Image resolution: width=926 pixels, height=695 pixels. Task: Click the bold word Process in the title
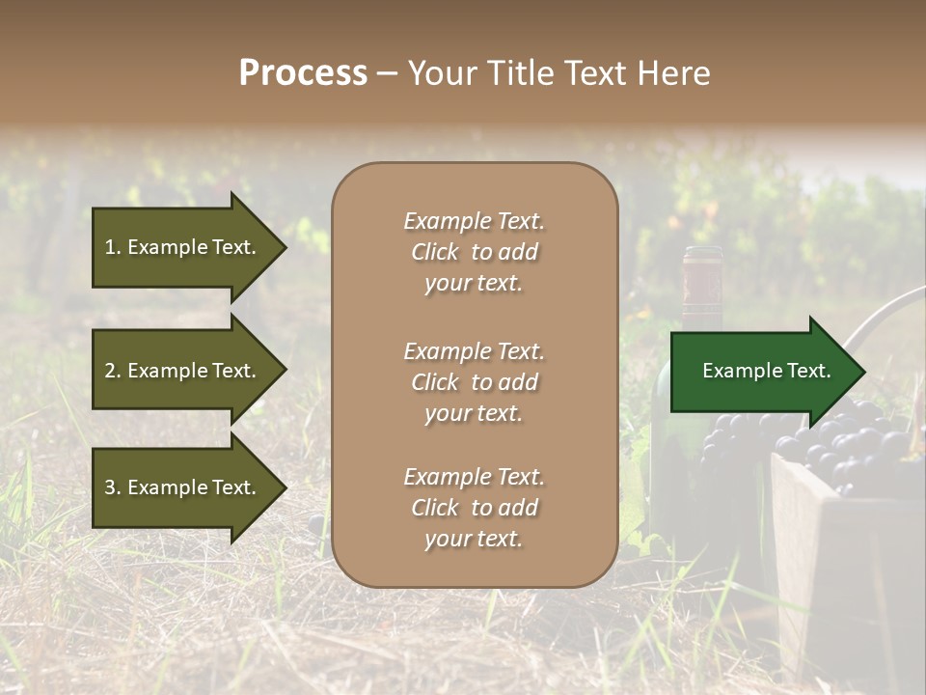303,73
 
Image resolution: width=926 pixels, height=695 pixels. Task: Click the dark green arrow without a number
762,372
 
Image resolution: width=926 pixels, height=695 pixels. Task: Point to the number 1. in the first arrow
113,247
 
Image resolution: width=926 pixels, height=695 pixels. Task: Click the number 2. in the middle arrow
113,371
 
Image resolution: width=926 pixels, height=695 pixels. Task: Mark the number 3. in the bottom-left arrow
113,488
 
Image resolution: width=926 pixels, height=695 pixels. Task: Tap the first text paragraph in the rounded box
474,252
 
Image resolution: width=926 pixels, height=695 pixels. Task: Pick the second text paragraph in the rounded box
474,382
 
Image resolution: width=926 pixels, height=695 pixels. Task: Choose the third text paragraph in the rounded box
474,508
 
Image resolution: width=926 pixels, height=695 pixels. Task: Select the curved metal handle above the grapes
878,319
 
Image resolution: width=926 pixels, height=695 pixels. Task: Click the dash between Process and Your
388,74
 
